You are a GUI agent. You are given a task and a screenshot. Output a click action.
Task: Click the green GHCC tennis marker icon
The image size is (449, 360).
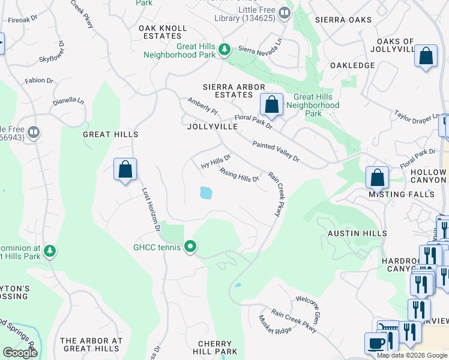tap(190, 247)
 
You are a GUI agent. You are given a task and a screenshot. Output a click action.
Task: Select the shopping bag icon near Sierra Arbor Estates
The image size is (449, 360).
tap(271, 104)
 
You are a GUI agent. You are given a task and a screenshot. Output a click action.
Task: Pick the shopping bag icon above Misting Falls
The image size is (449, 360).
tap(377, 177)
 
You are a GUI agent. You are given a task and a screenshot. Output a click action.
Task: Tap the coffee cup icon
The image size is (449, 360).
tap(376, 343)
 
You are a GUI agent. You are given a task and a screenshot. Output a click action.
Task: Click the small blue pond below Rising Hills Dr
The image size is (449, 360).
tap(206, 193)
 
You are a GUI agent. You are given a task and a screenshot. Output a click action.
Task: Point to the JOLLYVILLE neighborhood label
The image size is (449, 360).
tap(212, 127)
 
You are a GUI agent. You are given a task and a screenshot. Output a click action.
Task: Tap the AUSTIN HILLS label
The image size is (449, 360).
tap(357, 233)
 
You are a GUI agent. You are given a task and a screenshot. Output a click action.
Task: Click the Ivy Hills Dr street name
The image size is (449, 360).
tap(215, 161)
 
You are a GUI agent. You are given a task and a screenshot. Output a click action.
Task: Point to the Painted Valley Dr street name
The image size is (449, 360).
tap(276, 151)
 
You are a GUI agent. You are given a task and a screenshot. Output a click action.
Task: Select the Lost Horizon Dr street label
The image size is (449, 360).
tap(151, 209)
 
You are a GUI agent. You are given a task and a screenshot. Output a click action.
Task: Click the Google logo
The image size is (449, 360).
tap(20, 353)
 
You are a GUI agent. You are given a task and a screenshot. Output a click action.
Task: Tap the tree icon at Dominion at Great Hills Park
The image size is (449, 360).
tap(50, 250)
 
